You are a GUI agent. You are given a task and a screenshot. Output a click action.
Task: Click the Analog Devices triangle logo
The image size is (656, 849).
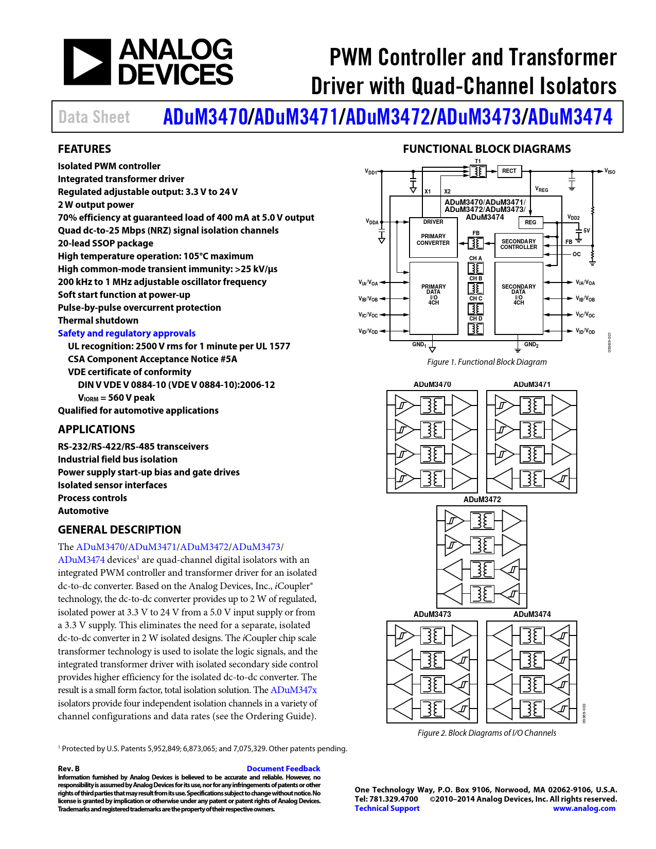(87, 62)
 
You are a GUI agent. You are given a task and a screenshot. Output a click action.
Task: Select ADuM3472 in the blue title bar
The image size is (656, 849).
(387, 117)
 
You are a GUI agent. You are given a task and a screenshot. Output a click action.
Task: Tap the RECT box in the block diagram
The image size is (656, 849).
(509, 171)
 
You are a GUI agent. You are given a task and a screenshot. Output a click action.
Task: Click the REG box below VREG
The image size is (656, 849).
(530, 222)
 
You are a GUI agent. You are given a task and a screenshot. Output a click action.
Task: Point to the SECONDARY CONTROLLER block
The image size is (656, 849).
(519, 244)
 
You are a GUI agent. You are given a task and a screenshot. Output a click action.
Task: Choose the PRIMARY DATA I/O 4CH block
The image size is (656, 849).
(434, 295)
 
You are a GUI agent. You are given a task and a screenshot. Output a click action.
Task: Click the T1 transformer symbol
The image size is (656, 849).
(478, 171)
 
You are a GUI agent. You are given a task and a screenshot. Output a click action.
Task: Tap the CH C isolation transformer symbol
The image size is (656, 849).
(475, 309)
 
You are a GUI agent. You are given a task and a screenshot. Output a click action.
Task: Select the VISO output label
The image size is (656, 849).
(610, 171)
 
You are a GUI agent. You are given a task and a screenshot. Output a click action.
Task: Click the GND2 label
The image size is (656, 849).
(531, 345)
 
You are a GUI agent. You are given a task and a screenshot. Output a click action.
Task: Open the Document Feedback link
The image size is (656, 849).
(283, 769)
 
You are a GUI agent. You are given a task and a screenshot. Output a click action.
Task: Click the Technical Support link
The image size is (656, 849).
(387, 808)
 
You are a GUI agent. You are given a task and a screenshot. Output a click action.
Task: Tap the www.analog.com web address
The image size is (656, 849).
(584, 808)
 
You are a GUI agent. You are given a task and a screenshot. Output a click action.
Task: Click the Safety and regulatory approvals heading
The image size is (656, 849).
(127, 333)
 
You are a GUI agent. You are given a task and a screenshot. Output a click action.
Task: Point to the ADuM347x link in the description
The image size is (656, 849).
(293, 690)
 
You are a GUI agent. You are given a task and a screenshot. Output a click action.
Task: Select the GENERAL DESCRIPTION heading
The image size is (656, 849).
(119, 530)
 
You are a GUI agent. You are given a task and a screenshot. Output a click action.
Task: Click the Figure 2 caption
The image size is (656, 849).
(487, 733)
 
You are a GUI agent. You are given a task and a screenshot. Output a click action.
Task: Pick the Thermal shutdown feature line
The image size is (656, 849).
(98, 321)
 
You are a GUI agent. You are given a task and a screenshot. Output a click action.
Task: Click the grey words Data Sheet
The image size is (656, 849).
(94, 117)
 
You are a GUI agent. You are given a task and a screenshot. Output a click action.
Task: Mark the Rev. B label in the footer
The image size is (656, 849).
(68, 769)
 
